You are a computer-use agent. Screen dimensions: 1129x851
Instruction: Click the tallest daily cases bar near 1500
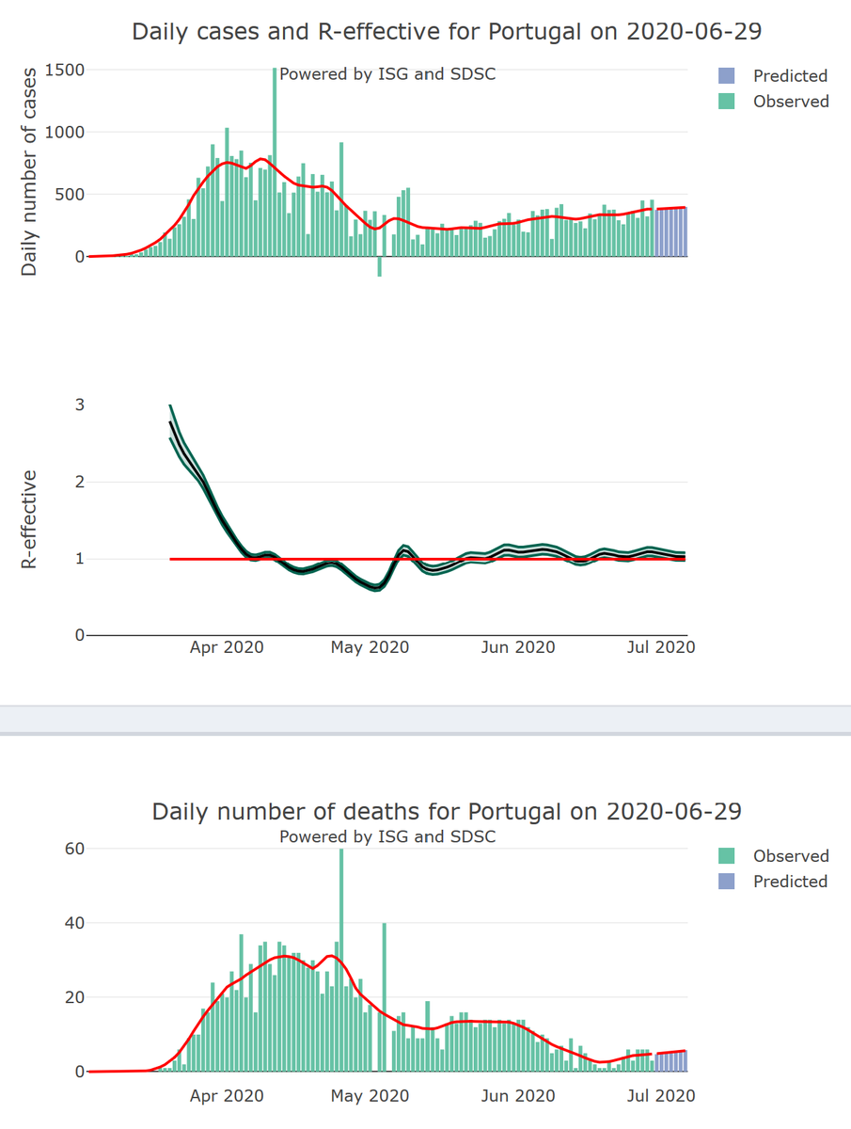(275, 160)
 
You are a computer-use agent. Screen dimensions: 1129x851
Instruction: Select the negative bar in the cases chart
(380, 266)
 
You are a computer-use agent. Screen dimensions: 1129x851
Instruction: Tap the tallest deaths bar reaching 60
(341, 960)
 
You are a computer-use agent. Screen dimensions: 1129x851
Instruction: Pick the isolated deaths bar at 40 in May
(385, 997)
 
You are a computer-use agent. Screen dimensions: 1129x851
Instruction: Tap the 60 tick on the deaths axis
(75, 849)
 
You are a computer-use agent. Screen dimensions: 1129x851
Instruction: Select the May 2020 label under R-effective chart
(370, 647)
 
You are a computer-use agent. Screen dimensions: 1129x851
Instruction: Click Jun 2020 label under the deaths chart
(517, 1096)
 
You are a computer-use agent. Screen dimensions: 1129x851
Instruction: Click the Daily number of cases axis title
(30, 170)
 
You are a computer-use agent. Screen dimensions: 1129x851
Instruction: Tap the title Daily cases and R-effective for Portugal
(447, 31)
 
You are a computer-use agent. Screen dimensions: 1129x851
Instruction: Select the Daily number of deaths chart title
(447, 811)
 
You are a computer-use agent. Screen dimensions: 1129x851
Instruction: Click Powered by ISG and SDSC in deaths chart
(387, 836)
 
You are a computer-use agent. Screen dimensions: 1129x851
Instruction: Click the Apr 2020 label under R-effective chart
(227, 647)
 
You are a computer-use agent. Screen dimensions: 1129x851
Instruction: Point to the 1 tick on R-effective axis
(80, 559)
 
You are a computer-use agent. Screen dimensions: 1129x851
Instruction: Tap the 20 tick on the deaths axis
(75, 997)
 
